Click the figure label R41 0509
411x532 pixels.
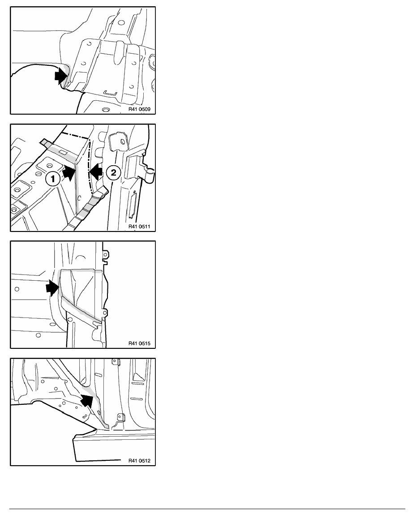139,109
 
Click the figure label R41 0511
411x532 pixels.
139,226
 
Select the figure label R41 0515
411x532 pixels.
139,343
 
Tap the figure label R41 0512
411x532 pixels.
139,461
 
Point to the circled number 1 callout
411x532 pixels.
53,178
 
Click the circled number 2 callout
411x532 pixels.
113,172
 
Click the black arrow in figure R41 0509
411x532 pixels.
61,75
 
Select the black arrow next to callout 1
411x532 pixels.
69,173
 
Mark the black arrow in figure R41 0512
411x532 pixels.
87,401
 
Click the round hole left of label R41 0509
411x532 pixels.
106,110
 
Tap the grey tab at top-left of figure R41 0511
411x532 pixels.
45,142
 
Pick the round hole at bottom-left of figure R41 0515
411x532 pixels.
39,335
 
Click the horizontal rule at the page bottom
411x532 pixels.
207,509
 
